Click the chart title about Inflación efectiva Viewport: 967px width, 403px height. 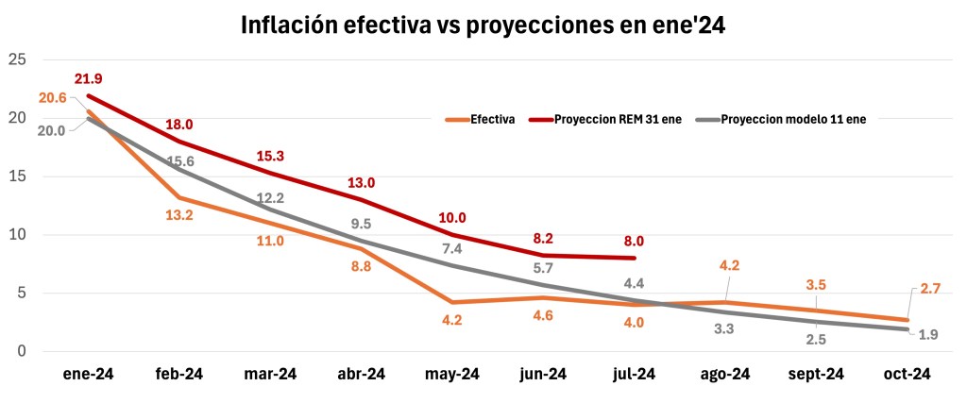[x=483, y=25]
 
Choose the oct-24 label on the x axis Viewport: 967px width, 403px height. [x=908, y=375]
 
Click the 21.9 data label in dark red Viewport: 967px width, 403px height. [x=89, y=77]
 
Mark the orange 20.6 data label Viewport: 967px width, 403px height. [x=52, y=98]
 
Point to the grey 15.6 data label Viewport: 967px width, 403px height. [x=179, y=162]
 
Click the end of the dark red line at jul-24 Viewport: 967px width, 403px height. [x=635, y=258]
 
